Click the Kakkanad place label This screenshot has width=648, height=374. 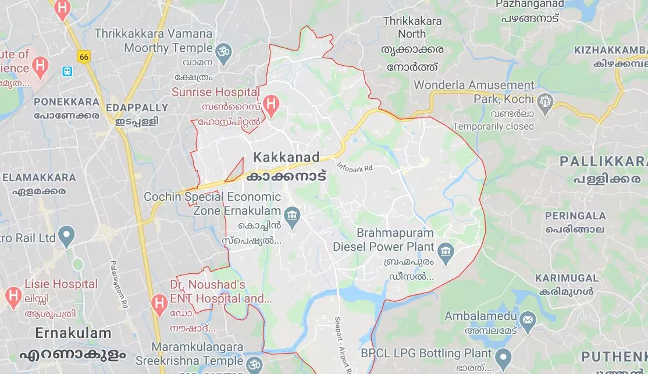click(x=286, y=158)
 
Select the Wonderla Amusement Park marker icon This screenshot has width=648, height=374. click(x=545, y=101)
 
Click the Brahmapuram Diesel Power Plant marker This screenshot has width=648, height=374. click(x=446, y=251)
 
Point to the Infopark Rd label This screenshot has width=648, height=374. click(x=354, y=168)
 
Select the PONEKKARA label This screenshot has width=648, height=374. click(x=66, y=102)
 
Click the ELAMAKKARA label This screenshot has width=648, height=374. click(x=39, y=177)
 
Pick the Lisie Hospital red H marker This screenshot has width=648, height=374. click(x=13, y=296)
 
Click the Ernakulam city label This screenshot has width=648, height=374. click(x=73, y=333)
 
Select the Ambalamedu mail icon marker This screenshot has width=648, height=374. click(x=528, y=319)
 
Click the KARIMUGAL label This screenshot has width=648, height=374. click(x=567, y=278)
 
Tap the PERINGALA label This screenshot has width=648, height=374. click(x=575, y=216)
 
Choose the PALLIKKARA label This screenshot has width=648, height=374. click(x=603, y=161)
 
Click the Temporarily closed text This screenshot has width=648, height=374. click(x=493, y=126)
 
